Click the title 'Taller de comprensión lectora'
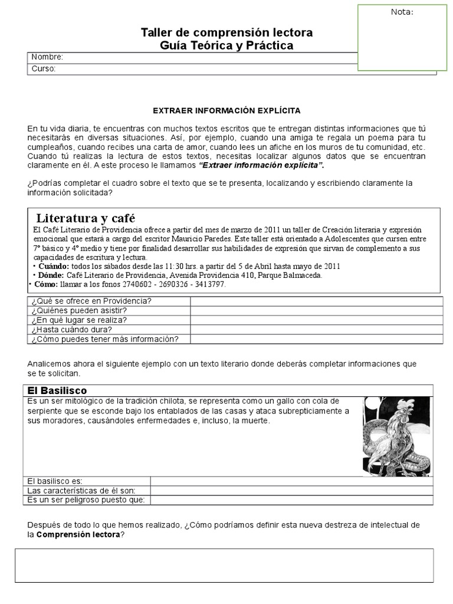[227, 32]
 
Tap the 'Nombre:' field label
[47, 57]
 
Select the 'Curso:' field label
[44, 69]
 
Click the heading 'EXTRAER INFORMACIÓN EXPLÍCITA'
[226, 110]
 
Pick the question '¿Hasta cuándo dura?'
[72, 329]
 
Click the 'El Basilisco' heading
[58, 390]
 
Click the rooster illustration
[397, 435]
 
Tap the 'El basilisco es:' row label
[55, 481]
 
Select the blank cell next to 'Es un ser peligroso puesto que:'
[292, 500]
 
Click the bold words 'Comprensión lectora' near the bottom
[78, 535]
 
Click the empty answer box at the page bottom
[224, 565]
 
